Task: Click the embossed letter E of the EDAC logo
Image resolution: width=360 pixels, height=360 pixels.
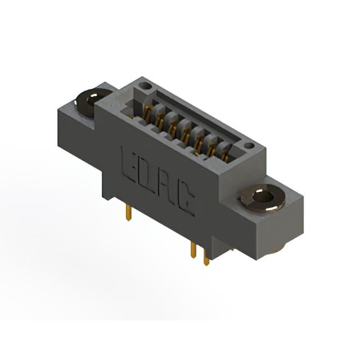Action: (129, 164)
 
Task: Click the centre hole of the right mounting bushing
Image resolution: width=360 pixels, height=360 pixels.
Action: (263, 197)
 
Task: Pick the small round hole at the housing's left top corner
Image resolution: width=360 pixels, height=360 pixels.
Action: (145, 86)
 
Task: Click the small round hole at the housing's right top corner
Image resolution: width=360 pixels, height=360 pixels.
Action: (249, 146)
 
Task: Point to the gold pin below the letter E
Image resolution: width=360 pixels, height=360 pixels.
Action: (129, 213)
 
